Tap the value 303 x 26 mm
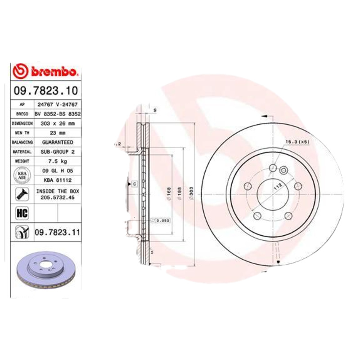[57, 123]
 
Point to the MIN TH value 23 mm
[57, 133]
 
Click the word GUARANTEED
[57, 142]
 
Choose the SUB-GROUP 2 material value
[57, 152]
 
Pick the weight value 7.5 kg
[57, 161]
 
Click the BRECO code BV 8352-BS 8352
[57, 114]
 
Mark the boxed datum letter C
[134, 184]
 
